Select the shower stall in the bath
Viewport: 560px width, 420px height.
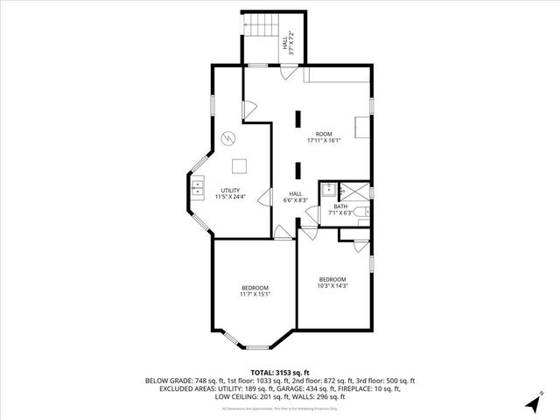pyautogui.click(x=354, y=190)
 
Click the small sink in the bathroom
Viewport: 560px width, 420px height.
pyautogui.click(x=328, y=187)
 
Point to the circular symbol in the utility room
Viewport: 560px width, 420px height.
pyautogui.click(x=227, y=137)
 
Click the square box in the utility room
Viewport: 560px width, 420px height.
pyautogui.click(x=240, y=166)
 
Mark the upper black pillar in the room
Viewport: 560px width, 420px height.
pyautogui.click(x=298, y=120)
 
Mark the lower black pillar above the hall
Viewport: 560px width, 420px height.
pyautogui.click(x=298, y=171)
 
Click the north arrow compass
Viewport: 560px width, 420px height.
pyautogui.click(x=532, y=402)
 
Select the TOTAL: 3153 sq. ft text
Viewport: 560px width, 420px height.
pyautogui.click(x=280, y=373)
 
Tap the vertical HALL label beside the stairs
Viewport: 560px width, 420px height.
pyautogui.click(x=285, y=41)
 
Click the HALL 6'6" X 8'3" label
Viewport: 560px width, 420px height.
pyautogui.click(x=296, y=198)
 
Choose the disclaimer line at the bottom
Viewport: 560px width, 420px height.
pyautogui.click(x=280, y=409)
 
